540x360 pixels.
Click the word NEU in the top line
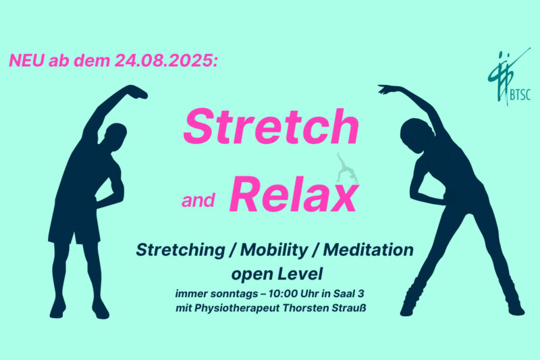click(27, 60)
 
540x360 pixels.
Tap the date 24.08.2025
click(166, 61)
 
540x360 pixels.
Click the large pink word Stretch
click(271, 126)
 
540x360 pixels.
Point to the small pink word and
click(198, 201)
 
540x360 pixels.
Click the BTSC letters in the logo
click(520, 95)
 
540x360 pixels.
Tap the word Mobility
click(274, 250)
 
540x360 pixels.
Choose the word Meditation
click(368, 249)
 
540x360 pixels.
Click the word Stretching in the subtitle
click(180, 251)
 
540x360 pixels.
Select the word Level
click(300, 274)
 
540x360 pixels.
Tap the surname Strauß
click(348, 307)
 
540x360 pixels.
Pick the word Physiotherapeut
click(237, 308)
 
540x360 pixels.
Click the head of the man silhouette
click(115, 136)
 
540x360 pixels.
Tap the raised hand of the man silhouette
click(137, 92)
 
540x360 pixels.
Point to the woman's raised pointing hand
click(386, 89)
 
